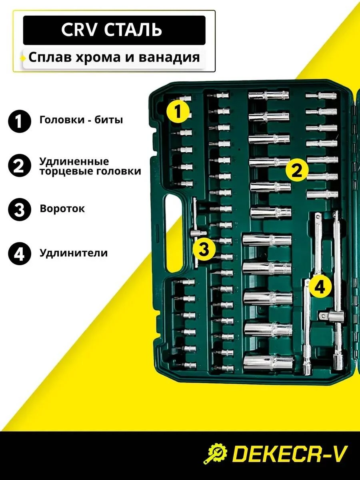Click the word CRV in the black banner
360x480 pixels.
pos(79,30)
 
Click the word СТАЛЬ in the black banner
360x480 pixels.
pos(133,30)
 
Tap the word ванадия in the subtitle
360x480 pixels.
pos(169,58)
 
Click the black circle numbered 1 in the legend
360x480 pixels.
pos(20,121)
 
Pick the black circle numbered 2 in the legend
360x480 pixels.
pos(20,166)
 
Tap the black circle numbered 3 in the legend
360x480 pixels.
pos(20,210)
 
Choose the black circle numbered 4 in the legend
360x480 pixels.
pos(20,254)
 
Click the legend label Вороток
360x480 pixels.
pos(62,209)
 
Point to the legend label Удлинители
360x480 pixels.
pos(74,253)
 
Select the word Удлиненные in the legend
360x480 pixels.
pos(74,162)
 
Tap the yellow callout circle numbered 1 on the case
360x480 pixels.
pos(178,111)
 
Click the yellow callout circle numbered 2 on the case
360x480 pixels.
pos(297,170)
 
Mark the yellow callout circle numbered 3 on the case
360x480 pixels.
pos(204,249)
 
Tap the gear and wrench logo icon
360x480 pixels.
pos(215,453)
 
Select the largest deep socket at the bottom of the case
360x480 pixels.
pos(268,363)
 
